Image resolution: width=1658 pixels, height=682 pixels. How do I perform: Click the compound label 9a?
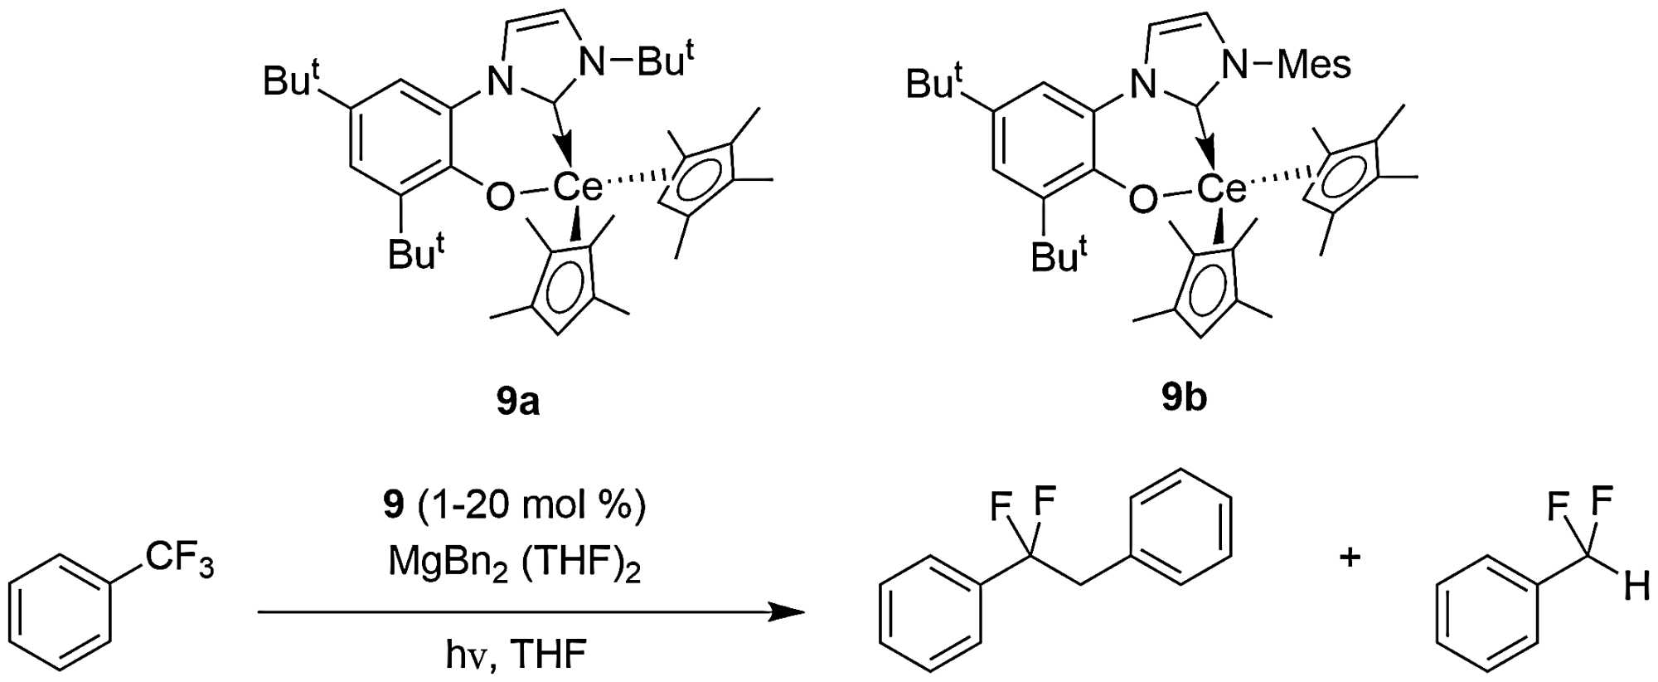coord(517,401)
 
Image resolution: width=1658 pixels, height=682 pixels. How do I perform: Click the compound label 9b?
coord(1183,398)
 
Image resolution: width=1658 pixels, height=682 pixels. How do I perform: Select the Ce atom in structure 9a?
coord(577,188)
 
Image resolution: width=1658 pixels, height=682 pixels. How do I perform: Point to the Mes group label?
coord(1314,65)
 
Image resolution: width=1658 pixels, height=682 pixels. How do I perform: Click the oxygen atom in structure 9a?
coord(500,197)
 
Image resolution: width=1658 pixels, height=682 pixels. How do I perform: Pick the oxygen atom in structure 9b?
coord(1143,198)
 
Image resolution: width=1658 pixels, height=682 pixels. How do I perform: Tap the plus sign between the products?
coord(1350,557)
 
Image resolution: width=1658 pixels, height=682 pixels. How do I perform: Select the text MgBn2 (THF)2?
coord(514,564)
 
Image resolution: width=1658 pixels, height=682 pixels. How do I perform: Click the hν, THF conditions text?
coord(516,654)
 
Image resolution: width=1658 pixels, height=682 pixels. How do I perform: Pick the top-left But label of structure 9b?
coord(933,82)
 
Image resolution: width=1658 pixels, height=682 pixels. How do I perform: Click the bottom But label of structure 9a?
coord(416,253)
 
